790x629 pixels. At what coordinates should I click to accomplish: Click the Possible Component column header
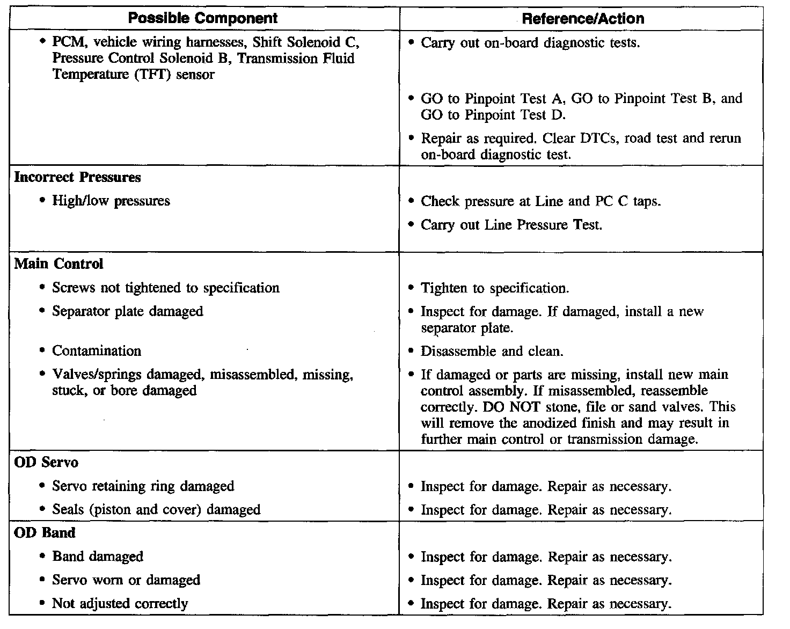coord(203,18)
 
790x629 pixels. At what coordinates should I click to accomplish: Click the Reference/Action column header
coord(583,19)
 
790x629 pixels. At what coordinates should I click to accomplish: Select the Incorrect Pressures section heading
coord(77,177)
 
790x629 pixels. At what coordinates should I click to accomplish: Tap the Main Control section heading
coord(58,264)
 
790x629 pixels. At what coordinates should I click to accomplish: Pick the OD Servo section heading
coord(46,462)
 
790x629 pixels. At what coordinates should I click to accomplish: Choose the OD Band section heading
coord(45,533)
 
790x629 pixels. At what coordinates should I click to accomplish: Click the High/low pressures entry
coord(111,201)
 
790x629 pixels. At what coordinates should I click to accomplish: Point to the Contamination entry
coord(97,351)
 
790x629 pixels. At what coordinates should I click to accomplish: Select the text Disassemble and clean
coord(492,352)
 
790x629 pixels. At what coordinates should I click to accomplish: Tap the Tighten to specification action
coord(494,288)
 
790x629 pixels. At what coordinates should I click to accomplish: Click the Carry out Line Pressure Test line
coord(511,225)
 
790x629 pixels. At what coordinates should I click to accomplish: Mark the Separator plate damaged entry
coord(127,311)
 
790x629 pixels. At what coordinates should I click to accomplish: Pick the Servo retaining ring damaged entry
coord(143,486)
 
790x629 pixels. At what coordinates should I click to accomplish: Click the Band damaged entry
coord(98,557)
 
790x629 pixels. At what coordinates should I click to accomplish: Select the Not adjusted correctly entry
coord(120,604)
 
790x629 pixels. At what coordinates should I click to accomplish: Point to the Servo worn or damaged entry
coord(126,580)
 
